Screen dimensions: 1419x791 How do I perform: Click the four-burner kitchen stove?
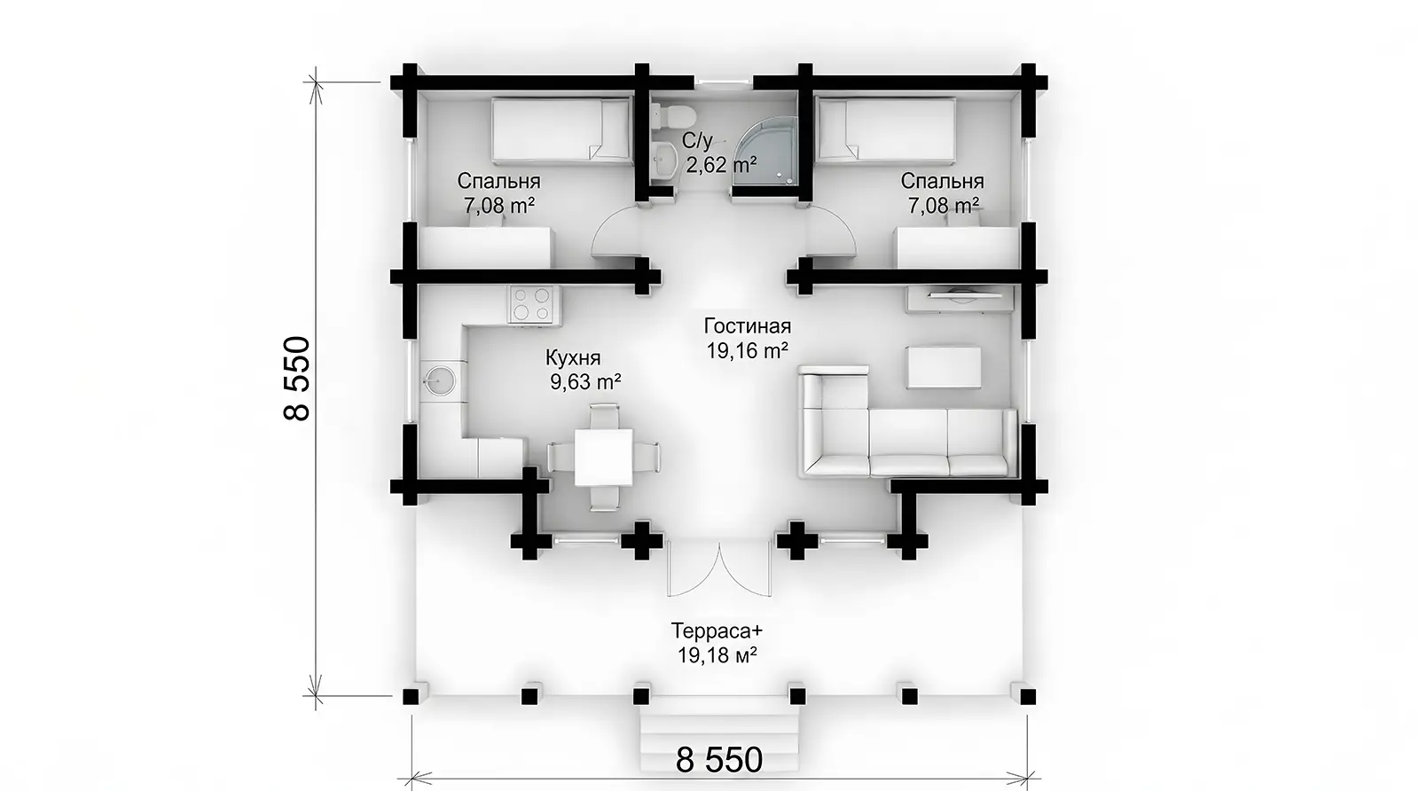coord(533,304)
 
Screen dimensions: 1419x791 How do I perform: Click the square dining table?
coord(604,458)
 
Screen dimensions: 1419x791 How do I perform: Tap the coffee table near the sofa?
coord(944,367)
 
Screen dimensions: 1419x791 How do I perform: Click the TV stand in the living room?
coord(960,298)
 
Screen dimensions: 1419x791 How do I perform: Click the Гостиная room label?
coord(748,326)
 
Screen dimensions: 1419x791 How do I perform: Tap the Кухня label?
coord(573,358)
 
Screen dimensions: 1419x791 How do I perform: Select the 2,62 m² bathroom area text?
coord(721,165)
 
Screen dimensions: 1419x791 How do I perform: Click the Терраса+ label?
coord(717,630)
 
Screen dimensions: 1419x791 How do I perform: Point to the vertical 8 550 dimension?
coord(296,378)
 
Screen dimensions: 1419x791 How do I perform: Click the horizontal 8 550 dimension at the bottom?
coord(719,760)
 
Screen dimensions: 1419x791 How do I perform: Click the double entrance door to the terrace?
coord(719,568)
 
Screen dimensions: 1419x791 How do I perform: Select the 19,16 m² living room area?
coord(748,350)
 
